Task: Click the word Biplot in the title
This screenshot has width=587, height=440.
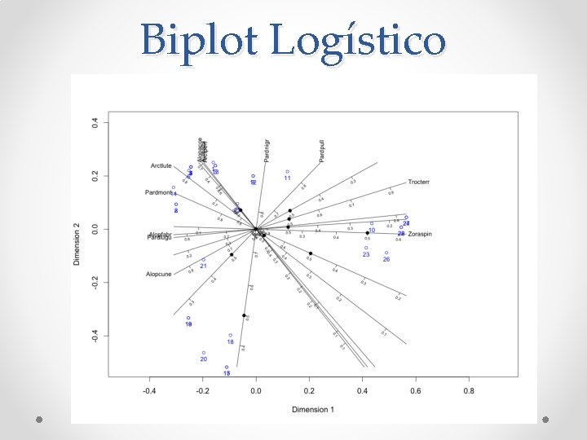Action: tap(199, 39)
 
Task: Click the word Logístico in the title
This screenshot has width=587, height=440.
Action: tap(358, 41)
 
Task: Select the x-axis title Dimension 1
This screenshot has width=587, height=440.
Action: tap(313, 408)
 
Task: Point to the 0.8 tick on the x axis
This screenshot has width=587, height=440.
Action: tap(468, 391)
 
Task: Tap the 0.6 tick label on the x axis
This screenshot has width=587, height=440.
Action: tap(415, 391)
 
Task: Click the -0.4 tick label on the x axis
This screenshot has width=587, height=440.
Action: tap(149, 391)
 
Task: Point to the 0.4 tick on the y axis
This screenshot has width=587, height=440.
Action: tap(95, 123)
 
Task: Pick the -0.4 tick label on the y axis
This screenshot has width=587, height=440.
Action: tap(95, 336)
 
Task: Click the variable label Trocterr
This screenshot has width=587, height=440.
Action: tap(419, 182)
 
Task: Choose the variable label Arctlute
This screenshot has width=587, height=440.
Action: tap(161, 166)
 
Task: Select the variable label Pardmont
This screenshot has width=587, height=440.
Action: tap(158, 193)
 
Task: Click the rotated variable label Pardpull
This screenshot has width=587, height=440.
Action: tap(322, 150)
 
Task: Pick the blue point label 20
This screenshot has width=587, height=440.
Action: tap(203, 359)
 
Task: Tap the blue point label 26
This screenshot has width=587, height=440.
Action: tap(386, 259)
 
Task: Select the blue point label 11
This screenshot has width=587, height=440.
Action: tap(287, 178)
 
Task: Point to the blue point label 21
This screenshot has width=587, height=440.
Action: tap(203, 266)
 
